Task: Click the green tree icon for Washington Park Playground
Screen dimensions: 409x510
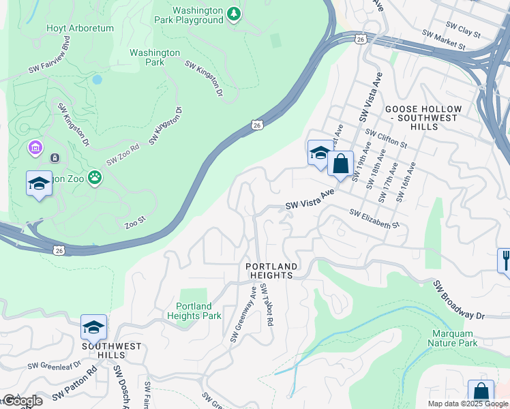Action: pos(234,14)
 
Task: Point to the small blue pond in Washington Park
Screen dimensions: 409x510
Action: pos(97,79)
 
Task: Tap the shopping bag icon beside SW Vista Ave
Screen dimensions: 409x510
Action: pos(340,164)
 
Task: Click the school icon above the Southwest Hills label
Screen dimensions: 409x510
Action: pos(93,327)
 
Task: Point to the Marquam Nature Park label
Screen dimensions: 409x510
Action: pos(454,338)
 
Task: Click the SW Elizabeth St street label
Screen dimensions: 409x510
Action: pos(374,218)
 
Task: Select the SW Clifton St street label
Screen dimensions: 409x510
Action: pos(386,138)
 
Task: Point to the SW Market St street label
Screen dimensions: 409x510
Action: pos(443,40)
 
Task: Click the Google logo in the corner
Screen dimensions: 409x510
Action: pos(22,400)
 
